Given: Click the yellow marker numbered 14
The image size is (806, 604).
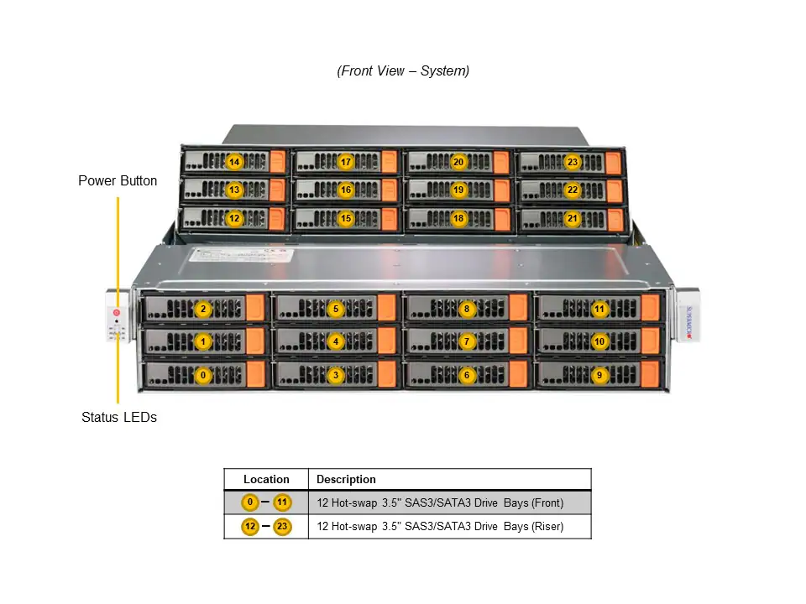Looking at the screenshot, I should click(234, 162).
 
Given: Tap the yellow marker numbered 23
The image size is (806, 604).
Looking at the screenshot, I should click(573, 162).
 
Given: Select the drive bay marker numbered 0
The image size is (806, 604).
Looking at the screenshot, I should click(202, 376).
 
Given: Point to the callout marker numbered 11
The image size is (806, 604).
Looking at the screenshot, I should click(599, 309).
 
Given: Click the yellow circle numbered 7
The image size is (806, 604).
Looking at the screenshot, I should click(468, 342).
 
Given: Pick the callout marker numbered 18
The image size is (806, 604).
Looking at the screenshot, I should click(458, 219).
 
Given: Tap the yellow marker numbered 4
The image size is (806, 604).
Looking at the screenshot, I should click(336, 342).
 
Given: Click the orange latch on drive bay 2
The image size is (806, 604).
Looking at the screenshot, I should click(255, 309).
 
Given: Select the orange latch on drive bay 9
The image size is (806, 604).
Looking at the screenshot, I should click(652, 375).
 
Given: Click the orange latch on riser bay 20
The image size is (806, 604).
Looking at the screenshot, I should click(501, 163).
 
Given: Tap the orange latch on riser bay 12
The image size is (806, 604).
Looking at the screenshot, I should click(278, 219).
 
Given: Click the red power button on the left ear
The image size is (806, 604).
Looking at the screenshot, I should click(117, 313).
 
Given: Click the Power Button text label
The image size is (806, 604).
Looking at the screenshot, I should click(118, 180).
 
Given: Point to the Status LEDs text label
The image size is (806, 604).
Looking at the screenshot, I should click(119, 417).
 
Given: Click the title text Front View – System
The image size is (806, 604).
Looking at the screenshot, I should click(403, 71).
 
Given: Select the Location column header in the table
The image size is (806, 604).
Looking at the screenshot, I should click(266, 480).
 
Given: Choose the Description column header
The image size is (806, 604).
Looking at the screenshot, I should click(346, 480).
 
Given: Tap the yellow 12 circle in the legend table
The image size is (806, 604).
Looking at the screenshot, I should click(250, 527).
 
